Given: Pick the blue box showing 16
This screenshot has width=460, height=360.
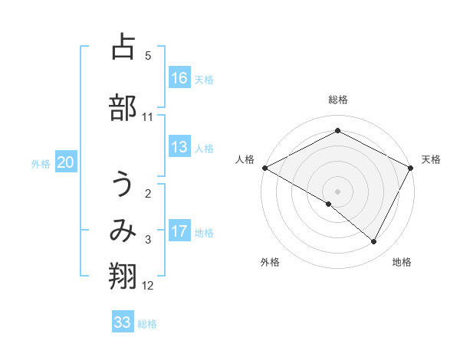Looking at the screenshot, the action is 179,78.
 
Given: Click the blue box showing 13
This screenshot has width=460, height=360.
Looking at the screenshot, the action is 179,148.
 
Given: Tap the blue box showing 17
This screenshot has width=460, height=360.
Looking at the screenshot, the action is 179,232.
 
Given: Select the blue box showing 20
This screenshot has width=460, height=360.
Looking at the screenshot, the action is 66,162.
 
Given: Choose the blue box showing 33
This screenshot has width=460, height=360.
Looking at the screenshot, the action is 123,322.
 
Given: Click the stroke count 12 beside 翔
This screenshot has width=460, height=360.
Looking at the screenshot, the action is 148,286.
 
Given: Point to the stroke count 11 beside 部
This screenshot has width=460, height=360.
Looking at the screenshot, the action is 148,117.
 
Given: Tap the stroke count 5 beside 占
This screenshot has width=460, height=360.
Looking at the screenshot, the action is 148,56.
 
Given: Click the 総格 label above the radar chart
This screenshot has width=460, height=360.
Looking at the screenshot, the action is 338,100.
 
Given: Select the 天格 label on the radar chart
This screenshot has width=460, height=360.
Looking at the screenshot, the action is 431,159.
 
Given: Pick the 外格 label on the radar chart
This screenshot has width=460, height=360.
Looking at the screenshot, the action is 270,262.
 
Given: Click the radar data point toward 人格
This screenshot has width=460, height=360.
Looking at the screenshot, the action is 264,168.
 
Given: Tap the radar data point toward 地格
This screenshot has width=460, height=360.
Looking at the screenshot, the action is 374,242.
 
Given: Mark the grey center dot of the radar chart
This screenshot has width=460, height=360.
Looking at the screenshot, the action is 337,191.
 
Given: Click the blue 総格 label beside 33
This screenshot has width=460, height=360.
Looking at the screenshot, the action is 147,324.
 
